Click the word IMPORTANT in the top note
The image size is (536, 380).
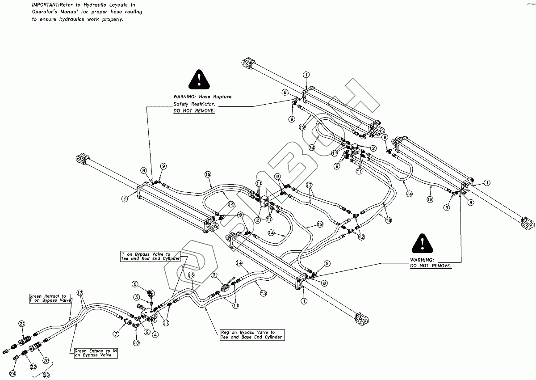pyautogui.click(x=45, y=4)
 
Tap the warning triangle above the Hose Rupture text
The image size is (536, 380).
pyautogui.click(x=198, y=80)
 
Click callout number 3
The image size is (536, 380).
pyautogui.click(x=214, y=275)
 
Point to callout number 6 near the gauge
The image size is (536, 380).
pyautogui.click(x=135, y=284)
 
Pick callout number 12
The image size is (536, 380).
pyautogui.click(x=361, y=236)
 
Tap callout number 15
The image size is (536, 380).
pyautogui.click(x=263, y=293)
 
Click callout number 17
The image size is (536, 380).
pyautogui.click(x=309, y=185)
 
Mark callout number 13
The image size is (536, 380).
pyautogui.click(x=80, y=293)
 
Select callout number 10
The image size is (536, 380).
pyautogui.click(x=136, y=342)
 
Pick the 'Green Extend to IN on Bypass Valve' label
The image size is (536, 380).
pyautogui.click(x=96, y=353)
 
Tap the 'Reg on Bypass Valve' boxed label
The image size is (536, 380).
pyautogui.click(x=252, y=335)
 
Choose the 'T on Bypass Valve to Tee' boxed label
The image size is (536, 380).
pyautogui.click(x=151, y=256)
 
